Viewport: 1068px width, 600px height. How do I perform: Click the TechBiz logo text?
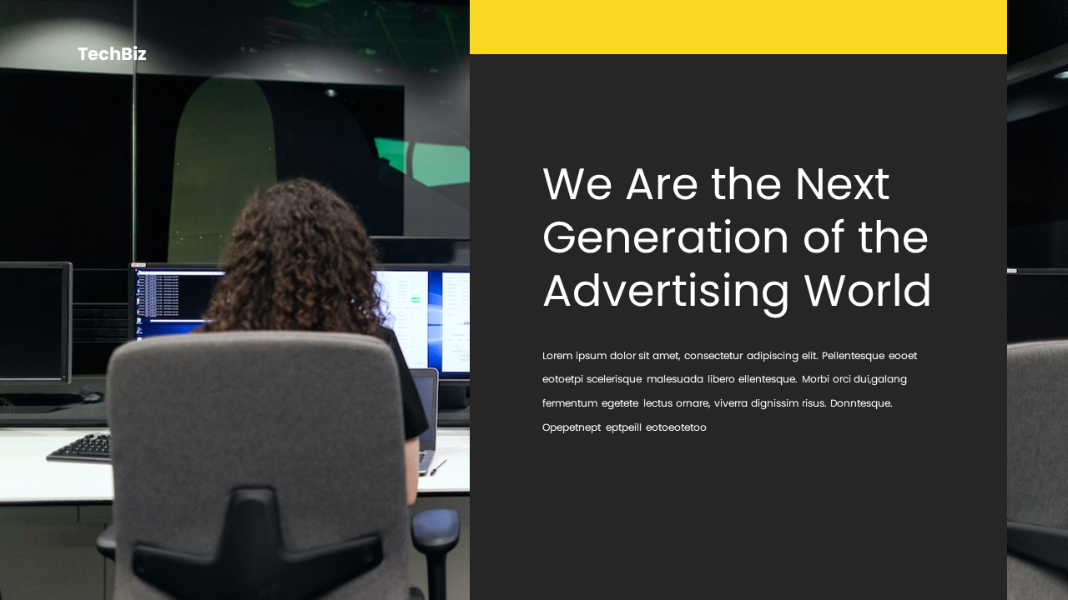pyautogui.click(x=112, y=54)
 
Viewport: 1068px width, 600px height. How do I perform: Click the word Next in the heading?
pyautogui.click(x=842, y=184)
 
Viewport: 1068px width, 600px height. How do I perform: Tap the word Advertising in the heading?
pyautogui.click(x=666, y=291)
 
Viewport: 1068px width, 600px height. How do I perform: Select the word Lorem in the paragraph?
pyautogui.click(x=557, y=356)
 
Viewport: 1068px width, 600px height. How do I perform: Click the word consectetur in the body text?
pyautogui.click(x=713, y=356)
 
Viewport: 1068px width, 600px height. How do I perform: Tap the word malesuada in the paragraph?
pyautogui.click(x=675, y=379)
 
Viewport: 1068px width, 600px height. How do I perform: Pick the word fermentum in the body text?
pyautogui.click(x=569, y=403)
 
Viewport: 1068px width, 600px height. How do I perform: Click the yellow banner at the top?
pyautogui.click(x=738, y=27)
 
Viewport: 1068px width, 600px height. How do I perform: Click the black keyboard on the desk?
pyautogui.click(x=80, y=448)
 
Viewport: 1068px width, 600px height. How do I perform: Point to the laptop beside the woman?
pyautogui.click(x=426, y=417)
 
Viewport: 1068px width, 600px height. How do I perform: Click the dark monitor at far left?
pyautogui.click(x=33, y=321)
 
